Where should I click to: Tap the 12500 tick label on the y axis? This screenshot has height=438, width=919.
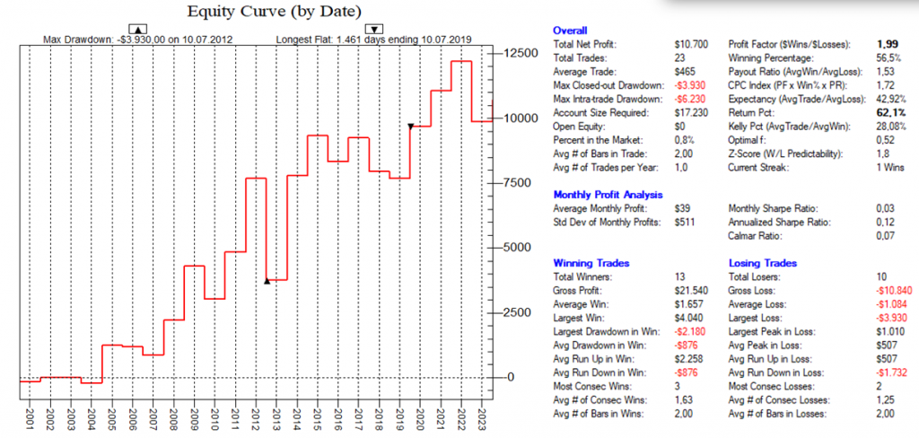[520, 54]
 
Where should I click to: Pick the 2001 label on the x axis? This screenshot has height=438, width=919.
[27, 419]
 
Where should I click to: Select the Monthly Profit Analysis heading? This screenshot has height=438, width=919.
[608, 194]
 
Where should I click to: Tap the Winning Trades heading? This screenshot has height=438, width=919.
[591, 263]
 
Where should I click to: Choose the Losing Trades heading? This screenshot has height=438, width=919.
[764, 263]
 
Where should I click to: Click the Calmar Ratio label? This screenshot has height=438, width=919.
[755, 236]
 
